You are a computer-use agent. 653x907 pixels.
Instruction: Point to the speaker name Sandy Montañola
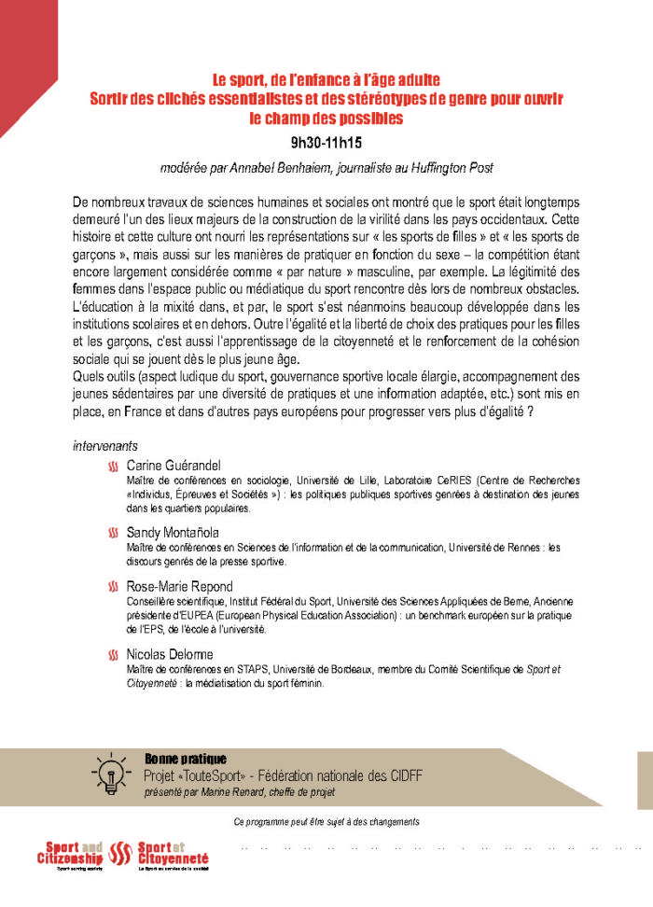(x=173, y=532)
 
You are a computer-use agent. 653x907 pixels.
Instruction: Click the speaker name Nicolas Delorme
(x=170, y=654)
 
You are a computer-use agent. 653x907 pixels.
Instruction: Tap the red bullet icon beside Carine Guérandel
(x=113, y=466)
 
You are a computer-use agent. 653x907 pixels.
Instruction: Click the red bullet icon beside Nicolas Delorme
(x=113, y=654)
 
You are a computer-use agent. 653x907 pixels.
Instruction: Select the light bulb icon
(x=110, y=772)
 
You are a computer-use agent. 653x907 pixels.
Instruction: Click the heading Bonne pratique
(x=186, y=759)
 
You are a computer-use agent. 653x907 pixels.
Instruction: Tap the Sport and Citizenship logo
(x=70, y=854)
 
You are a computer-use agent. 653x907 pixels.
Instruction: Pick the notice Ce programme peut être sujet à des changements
(x=326, y=822)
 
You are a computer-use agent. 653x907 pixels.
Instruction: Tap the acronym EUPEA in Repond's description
(x=215, y=617)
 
